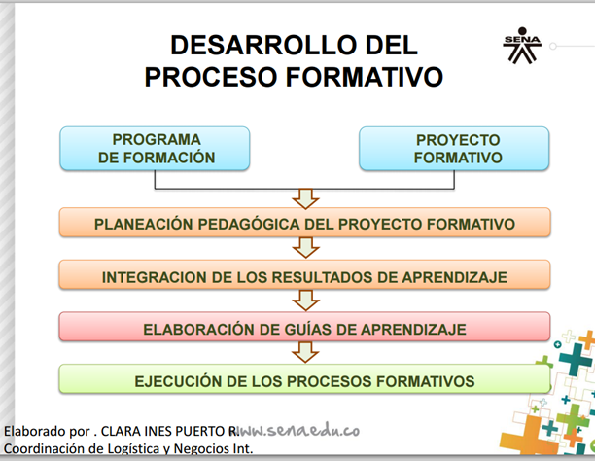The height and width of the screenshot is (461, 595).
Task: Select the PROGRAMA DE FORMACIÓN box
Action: pos(156,149)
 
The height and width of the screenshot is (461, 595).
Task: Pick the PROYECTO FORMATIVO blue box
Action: pos(455,149)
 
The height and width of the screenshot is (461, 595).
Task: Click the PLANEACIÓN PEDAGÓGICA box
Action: pos(304,224)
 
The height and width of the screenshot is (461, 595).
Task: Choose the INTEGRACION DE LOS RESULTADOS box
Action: pos(304,276)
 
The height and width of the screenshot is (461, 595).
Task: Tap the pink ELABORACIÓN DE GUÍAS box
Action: pos(304,329)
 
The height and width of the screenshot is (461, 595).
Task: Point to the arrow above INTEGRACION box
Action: pos(305,250)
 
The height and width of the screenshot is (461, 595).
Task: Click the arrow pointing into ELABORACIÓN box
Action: pos(305,302)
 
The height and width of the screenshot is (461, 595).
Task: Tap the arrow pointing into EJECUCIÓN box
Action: pos(305,355)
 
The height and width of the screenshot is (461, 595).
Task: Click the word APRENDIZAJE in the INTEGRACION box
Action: pos(457,276)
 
